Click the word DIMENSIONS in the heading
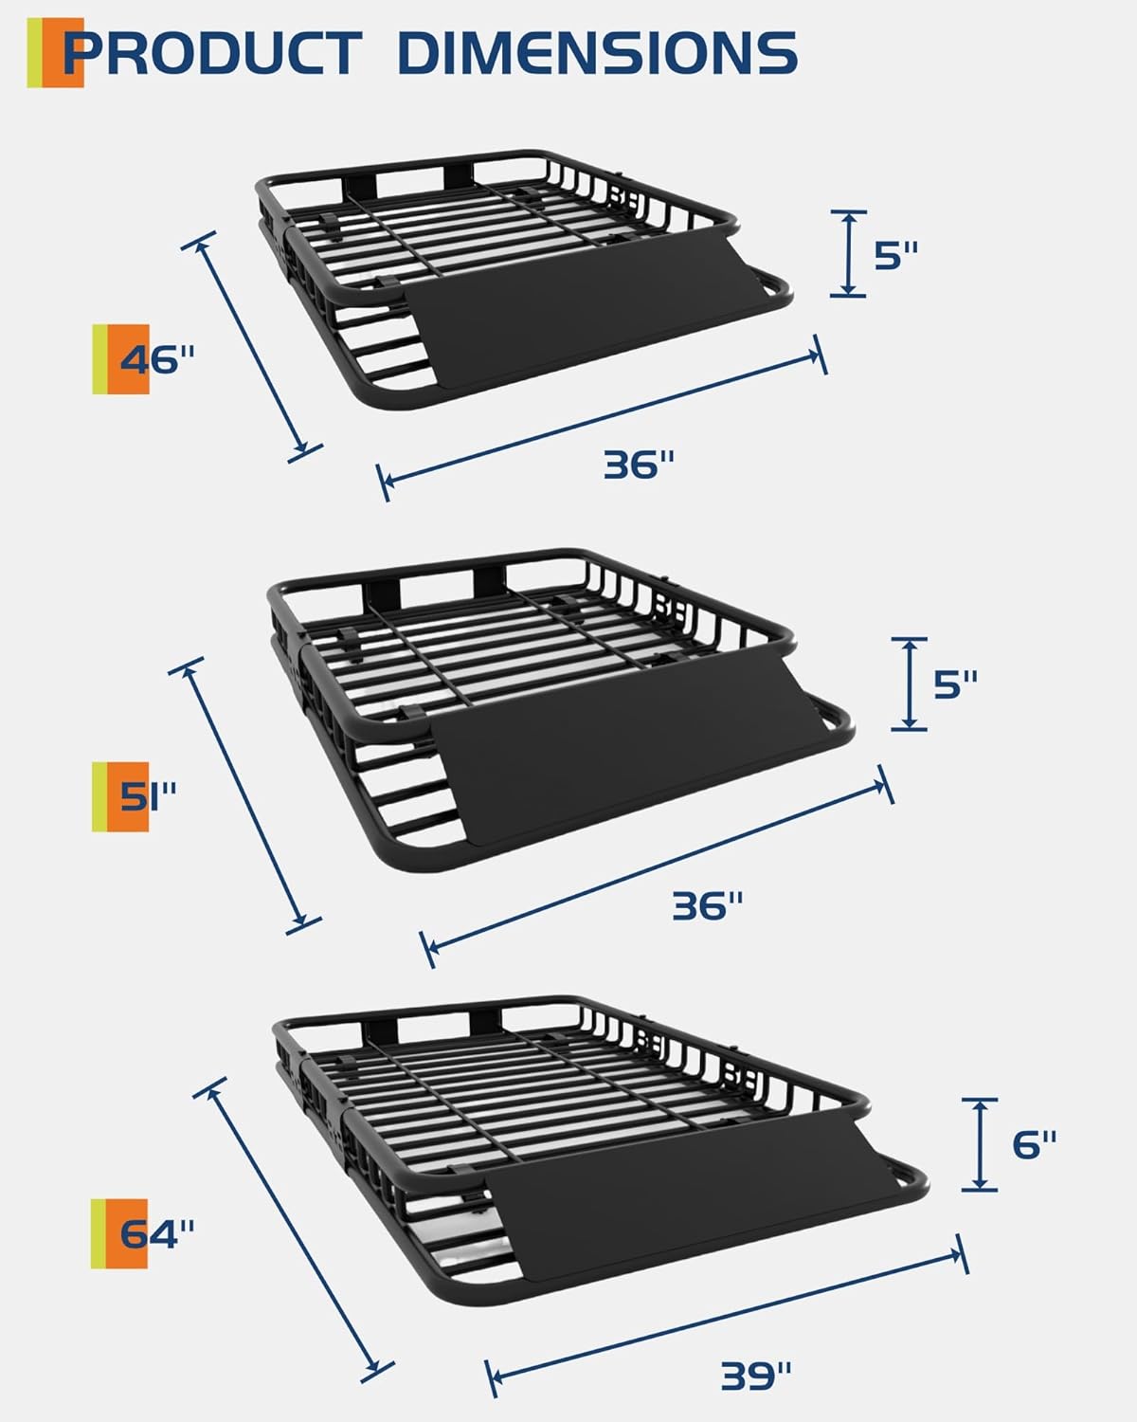click(598, 53)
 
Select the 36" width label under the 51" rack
click(708, 905)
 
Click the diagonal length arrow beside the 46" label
click(252, 347)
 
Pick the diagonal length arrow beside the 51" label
click(245, 795)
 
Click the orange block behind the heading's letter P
click(63, 53)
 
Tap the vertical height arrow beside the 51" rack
click(909, 684)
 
